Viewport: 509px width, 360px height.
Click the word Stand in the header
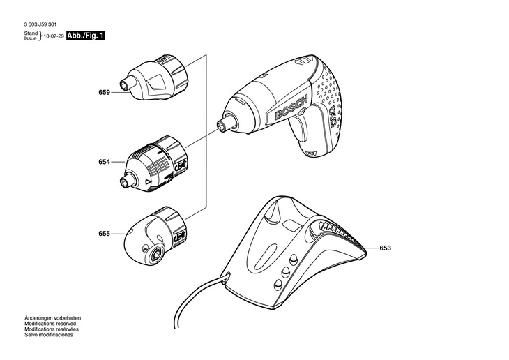pos(30,33)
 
